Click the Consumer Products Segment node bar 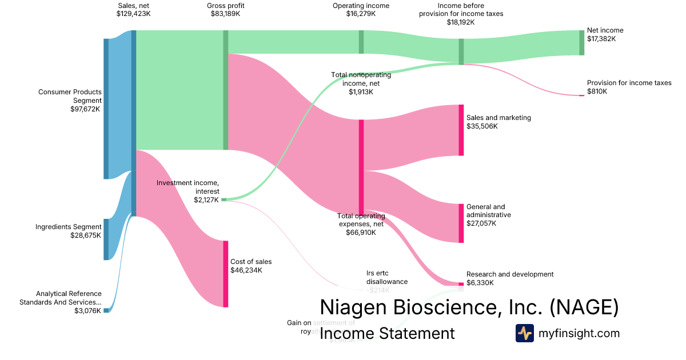(106, 109)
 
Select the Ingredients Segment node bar (106, 239)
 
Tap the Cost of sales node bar (226, 274)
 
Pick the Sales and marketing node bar (461, 130)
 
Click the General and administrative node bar (461, 223)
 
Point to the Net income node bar (582, 42)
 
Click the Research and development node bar (461, 284)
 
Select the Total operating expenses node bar (361, 167)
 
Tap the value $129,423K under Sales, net (133, 14)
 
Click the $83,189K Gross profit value (225, 14)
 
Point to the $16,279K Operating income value (361, 14)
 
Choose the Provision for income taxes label (629, 83)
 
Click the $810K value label (597, 91)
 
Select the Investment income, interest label (188, 187)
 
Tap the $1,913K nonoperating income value (361, 91)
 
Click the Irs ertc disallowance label (387, 277)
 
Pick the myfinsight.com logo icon (524, 333)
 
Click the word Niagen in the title (353, 307)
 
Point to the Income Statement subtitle (387, 333)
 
